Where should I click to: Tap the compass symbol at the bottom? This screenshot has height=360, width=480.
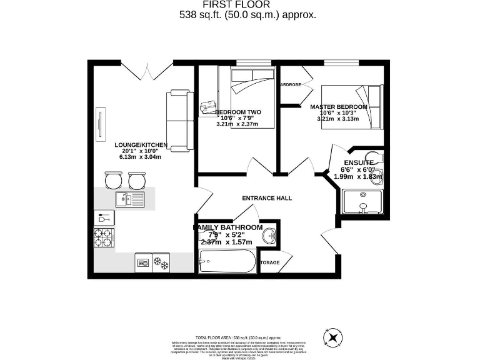pos(333,337)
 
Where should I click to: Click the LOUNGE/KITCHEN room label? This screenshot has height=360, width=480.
pos(141,144)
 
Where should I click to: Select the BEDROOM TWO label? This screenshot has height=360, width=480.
pos(237,112)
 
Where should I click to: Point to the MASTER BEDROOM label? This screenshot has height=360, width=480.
pos(339,107)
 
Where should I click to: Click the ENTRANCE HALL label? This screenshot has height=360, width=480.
pos(267,198)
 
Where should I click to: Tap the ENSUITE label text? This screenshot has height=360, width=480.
pos(356,162)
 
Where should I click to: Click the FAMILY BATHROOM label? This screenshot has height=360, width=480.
pos(227,227)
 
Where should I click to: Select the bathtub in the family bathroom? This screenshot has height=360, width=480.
pos(227,261)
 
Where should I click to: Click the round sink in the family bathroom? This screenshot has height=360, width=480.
pos(270,236)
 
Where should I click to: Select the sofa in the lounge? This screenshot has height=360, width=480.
pos(179,121)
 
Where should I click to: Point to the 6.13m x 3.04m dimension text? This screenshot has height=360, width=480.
pos(141,157)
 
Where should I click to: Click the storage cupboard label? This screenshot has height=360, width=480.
pos(269,262)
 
